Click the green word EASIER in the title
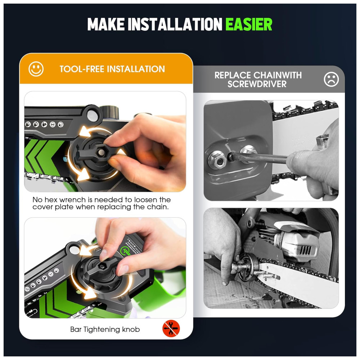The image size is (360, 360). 249,24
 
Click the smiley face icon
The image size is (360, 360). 36,69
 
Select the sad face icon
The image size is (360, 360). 331,80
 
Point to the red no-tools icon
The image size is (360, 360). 171,329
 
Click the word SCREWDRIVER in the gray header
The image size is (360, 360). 257,84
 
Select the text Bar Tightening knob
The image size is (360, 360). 105,329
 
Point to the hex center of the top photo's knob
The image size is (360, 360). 100,152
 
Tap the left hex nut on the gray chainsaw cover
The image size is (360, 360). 217,160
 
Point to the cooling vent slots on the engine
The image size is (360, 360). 305,250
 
